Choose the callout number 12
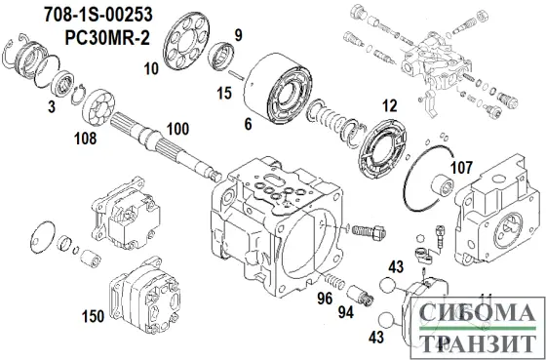390,105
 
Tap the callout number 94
347,311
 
